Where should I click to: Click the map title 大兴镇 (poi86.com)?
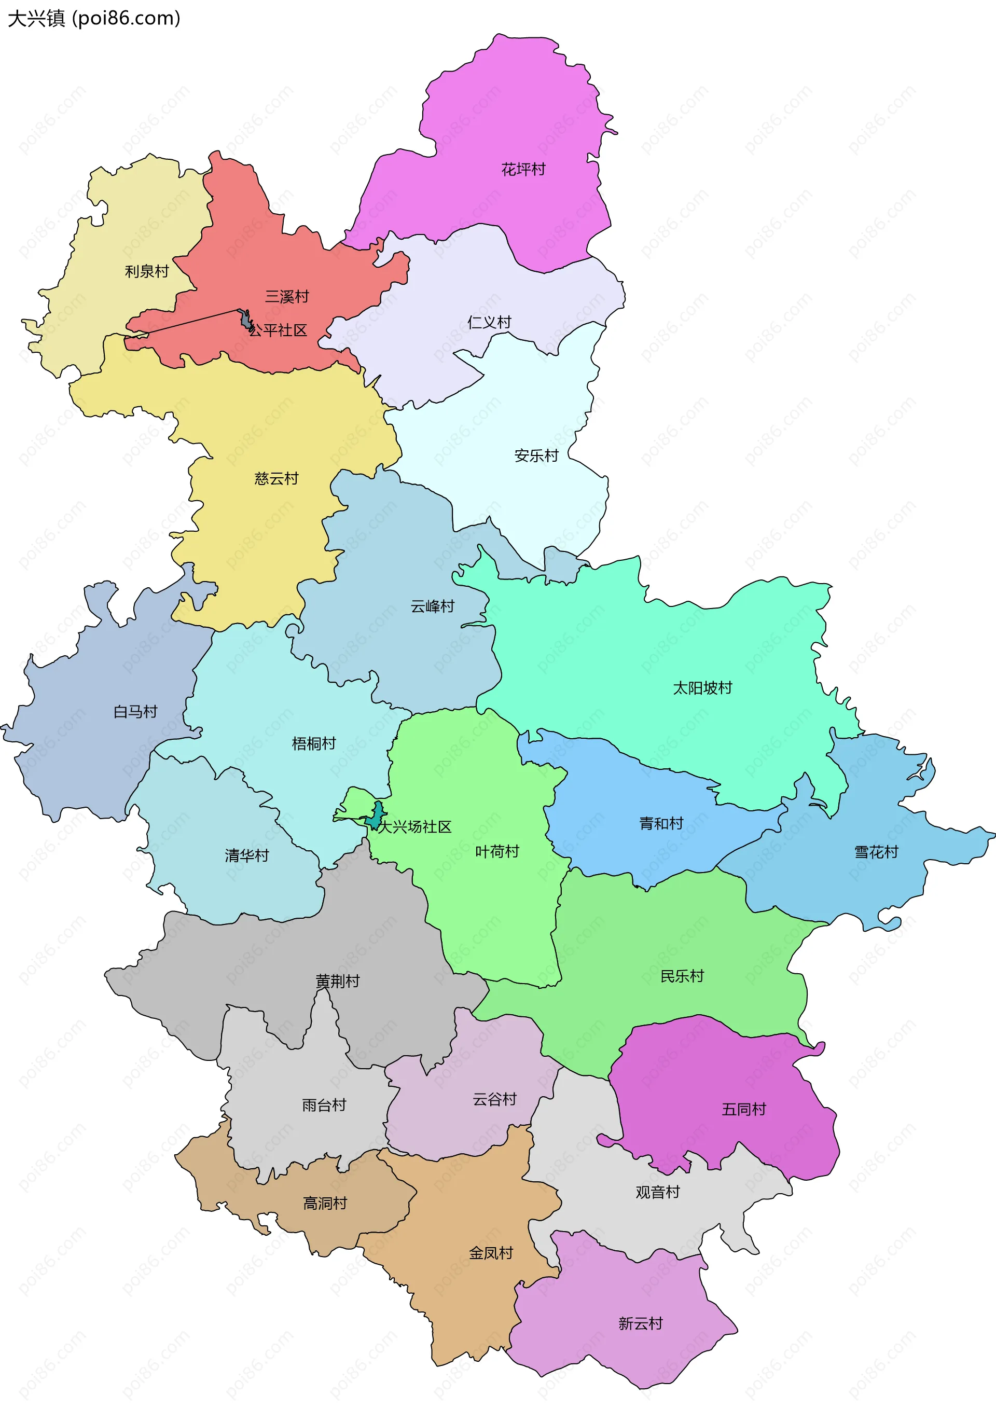click(93, 19)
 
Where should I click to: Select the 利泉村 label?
click(147, 271)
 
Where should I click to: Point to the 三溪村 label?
click(287, 297)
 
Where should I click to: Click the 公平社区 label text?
click(279, 330)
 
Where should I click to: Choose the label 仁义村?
click(489, 322)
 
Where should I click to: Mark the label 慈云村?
click(276, 478)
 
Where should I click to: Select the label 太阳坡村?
click(702, 688)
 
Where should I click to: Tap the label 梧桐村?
click(314, 744)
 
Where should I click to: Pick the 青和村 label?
click(661, 824)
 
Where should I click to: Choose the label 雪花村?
click(876, 852)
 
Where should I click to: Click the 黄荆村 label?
click(337, 981)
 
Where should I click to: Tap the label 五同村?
click(744, 1109)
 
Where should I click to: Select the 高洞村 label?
click(325, 1203)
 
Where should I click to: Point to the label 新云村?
click(640, 1324)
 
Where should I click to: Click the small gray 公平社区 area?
click(247, 320)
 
